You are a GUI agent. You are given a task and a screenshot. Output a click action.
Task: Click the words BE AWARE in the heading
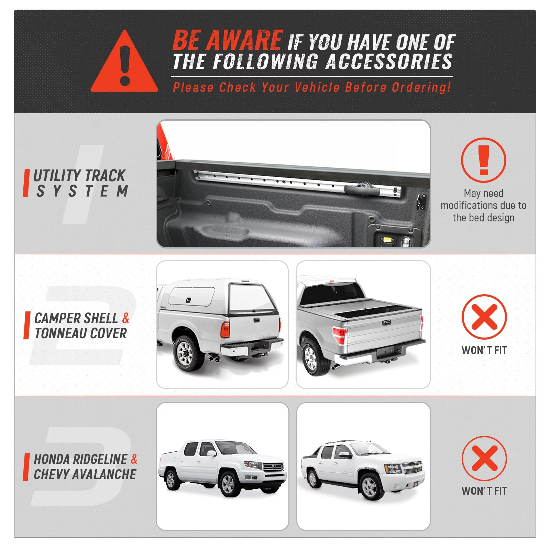(x=227, y=40)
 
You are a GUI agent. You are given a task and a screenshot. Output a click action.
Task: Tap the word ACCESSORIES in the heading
(x=388, y=62)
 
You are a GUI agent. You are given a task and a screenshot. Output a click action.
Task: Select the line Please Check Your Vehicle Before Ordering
(x=311, y=87)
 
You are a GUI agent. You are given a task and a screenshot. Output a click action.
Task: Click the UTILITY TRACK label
(x=79, y=175)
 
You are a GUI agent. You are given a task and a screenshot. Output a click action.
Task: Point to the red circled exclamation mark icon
(x=483, y=160)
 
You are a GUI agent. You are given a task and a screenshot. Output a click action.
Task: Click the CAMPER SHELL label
(x=76, y=318)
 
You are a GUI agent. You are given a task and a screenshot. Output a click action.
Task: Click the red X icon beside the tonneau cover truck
(x=484, y=317)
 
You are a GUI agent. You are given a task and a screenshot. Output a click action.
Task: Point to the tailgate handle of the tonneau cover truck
(x=386, y=322)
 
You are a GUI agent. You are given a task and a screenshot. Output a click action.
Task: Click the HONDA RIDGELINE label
(x=81, y=459)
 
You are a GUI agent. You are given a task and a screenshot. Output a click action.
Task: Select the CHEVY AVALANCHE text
(x=85, y=474)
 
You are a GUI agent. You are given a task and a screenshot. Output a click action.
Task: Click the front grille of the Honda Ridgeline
(x=273, y=467)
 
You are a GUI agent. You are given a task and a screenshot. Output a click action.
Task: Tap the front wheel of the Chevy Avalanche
(x=370, y=487)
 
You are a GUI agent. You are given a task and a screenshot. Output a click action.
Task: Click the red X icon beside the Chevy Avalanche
(x=484, y=458)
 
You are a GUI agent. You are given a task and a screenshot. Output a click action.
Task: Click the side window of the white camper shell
(x=191, y=297)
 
